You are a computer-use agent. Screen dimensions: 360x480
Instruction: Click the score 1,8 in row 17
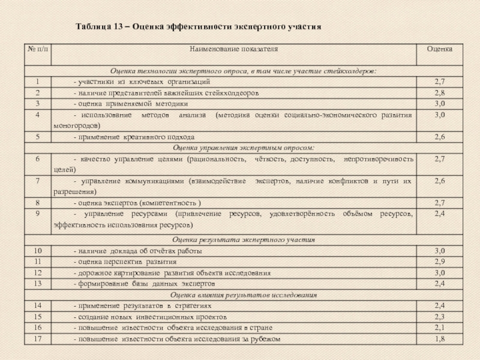[x=439, y=339]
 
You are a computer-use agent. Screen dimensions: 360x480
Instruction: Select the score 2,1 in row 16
[x=439, y=328]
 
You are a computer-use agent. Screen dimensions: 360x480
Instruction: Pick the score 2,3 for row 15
[x=439, y=316]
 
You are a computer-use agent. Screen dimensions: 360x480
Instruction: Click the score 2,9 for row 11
[x=439, y=262]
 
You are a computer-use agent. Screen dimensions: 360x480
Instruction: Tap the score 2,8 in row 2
[x=439, y=93]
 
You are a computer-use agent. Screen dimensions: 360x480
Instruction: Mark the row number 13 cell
[x=38, y=283]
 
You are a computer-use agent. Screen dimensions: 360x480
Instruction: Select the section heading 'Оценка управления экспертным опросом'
[x=244, y=148]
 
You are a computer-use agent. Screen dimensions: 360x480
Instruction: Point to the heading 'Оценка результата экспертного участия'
[x=244, y=240]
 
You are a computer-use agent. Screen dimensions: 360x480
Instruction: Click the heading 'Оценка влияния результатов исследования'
[x=244, y=295]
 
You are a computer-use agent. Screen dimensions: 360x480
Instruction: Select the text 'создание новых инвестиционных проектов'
[x=149, y=316]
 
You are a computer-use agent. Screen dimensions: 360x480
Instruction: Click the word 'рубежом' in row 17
[x=266, y=339]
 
